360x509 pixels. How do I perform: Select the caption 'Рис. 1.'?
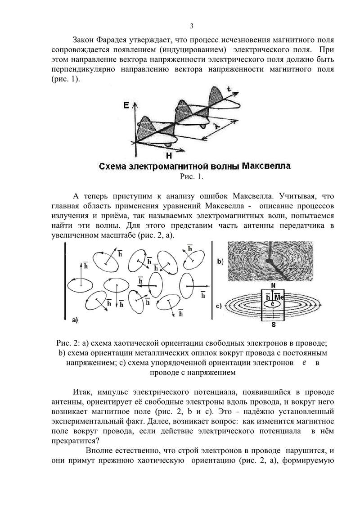(191, 176)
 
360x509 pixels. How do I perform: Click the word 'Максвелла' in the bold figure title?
(266, 166)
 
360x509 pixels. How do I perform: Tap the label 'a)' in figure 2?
(75, 320)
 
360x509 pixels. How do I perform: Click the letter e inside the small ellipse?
(272, 305)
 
